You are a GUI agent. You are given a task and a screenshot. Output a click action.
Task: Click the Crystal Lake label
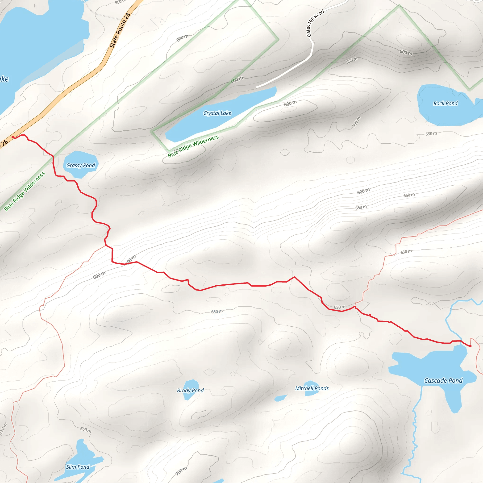coord(217,113)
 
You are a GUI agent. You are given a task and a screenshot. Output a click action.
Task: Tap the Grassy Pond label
coord(80,166)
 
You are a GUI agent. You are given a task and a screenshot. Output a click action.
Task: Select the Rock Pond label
coord(445,104)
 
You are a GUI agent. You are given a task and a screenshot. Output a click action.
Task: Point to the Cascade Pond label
coord(443,380)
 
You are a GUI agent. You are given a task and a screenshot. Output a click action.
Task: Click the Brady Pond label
coord(190,390)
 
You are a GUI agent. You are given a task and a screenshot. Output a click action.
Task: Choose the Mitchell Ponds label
coord(312,388)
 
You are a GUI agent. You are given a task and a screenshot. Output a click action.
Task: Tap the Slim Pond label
coord(78,467)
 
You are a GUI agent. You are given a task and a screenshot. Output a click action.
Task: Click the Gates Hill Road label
coord(315,23)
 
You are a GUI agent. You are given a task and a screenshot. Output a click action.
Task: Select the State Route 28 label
coord(120,30)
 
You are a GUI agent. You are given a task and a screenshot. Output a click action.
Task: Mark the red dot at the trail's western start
coord(13,137)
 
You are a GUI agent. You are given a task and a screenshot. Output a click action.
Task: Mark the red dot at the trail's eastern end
coord(470,346)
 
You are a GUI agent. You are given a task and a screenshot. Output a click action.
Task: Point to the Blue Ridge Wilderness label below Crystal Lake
coord(193,146)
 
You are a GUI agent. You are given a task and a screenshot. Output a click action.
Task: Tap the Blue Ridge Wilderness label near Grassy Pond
coord(25,192)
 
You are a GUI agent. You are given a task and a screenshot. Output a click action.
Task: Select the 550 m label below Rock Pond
coord(431,134)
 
